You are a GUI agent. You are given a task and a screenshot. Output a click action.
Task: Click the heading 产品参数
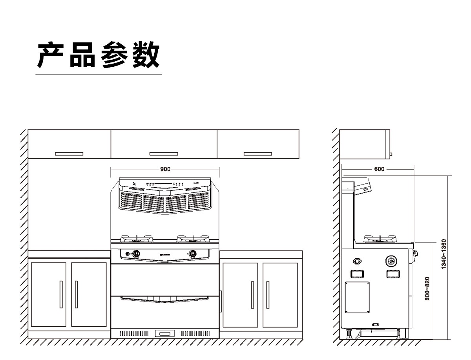[x=99, y=55]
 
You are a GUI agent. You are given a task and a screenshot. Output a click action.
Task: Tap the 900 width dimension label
[x=165, y=169]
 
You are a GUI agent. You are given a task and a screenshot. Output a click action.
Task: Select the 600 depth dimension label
[x=379, y=169]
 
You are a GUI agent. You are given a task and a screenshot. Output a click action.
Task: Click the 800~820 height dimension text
[x=427, y=289]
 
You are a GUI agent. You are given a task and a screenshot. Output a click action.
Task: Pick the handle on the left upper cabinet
[x=69, y=154]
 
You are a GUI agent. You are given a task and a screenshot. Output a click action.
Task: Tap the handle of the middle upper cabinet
[x=164, y=154]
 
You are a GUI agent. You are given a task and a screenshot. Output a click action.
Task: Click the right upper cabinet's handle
[x=258, y=154]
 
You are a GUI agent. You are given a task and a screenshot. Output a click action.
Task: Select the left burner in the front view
[x=136, y=238]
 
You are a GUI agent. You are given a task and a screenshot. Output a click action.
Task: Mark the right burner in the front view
[x=192, y=238]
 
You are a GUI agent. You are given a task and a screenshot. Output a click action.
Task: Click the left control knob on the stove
[x=136, y=254]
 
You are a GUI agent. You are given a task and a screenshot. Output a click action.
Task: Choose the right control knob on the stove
[x=193, y=254]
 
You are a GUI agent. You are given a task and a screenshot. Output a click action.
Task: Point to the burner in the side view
[x=379, y=238]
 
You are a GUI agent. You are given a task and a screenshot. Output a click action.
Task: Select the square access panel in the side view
[x=357, y=297]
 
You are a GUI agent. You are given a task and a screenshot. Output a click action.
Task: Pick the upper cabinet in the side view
[x=364, y=144]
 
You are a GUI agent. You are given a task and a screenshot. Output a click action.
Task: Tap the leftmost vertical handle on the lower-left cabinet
[x=61, y=294]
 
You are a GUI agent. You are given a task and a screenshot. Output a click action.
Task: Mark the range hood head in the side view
[x=363, y=186]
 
